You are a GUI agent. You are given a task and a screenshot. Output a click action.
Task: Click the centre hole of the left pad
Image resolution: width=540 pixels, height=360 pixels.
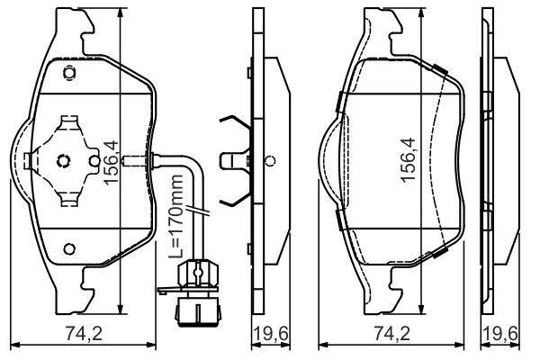point(64,162)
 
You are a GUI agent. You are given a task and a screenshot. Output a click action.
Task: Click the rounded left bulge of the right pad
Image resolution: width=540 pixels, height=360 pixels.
point(330,162)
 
